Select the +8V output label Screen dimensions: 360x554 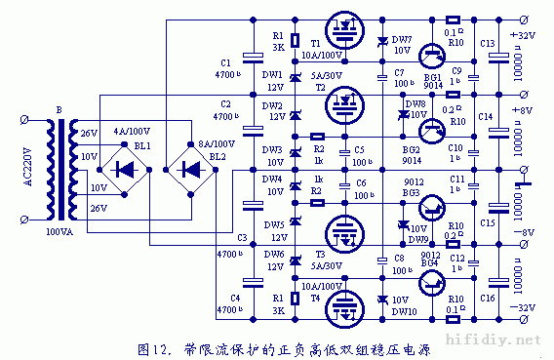coord(526,111)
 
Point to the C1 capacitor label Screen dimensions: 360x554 coord(226,61)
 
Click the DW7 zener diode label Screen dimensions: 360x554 coord(401,38)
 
